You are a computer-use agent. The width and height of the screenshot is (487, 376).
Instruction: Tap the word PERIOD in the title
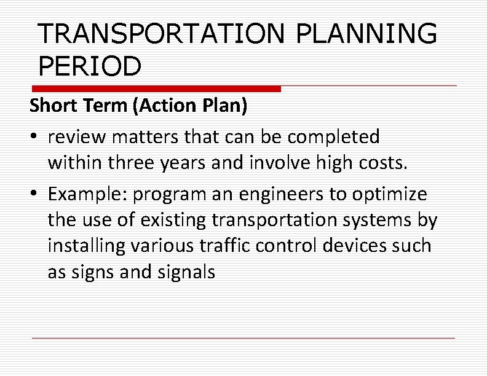(x=89, y=66)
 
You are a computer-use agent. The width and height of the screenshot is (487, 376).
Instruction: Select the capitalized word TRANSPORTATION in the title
(x=161, y=34)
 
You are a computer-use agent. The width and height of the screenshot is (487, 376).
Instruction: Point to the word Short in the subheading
(x=53, y=106)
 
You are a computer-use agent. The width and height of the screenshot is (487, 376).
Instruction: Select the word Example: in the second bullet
(x=87, y=194)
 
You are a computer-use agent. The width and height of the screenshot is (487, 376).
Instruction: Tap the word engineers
(x=254, y=194)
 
